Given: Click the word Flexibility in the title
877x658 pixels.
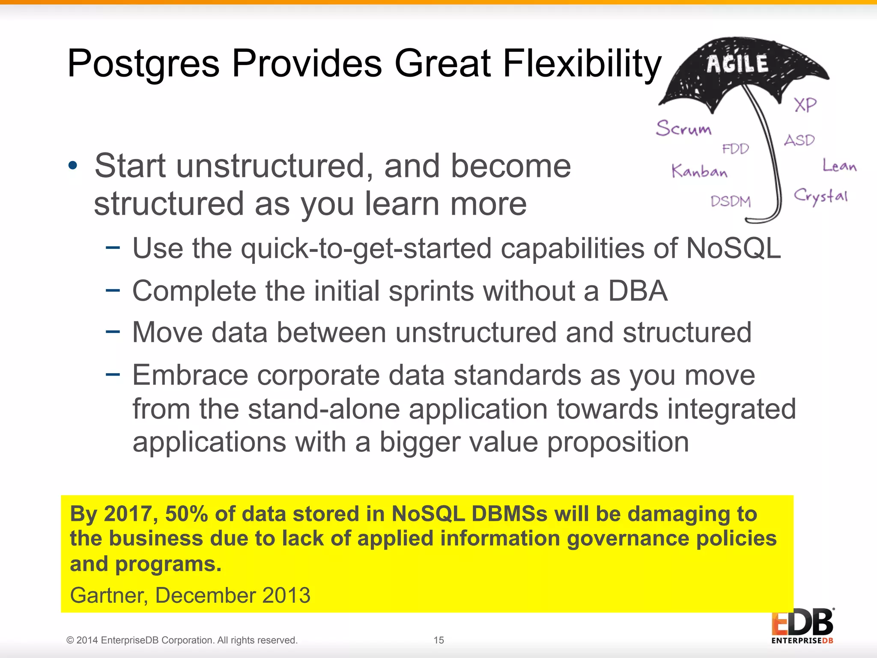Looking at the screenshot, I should (582, 64).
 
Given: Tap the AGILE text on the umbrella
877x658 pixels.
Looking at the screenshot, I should (737, 65).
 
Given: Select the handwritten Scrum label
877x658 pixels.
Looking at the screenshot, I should (683, 128).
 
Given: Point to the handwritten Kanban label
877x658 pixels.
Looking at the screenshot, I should (699, 171).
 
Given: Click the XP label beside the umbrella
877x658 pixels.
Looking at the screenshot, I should (805, 105).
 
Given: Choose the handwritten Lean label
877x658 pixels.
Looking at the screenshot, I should (839, 165).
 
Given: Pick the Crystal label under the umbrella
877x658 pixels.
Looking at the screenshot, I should (820, 197).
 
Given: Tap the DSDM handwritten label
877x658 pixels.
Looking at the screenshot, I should (731, 201).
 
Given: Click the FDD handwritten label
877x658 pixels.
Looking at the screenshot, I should (735, 149).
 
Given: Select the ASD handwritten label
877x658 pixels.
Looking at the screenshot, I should (799, 140).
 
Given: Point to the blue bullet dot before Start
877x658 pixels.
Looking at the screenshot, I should (73, 166).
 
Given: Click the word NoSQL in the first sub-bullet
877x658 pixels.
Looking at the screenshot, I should (733, 248).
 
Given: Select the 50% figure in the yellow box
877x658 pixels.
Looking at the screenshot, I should (187, 514).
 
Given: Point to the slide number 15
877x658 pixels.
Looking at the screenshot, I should (438, 640).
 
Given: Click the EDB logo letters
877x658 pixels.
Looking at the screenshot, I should (802, 622).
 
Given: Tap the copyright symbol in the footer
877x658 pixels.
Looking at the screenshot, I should (70, 640).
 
